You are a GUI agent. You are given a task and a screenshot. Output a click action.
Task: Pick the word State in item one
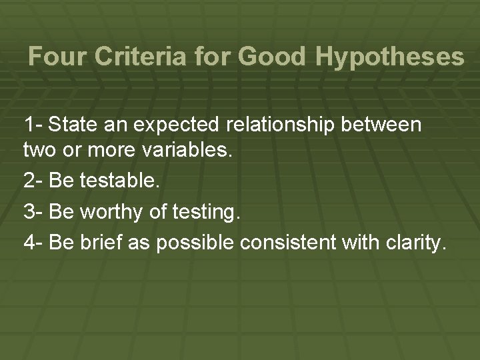tap(69, 125)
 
